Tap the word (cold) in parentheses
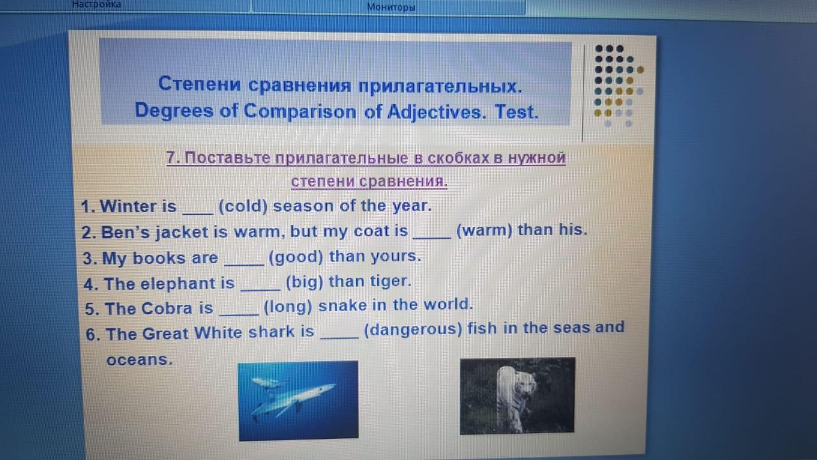point(243,206)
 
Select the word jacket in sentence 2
point(182,233)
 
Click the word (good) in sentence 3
point(296,257)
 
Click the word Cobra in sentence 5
point(167,309)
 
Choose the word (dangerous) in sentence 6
point(413,330)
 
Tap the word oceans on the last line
point(139,360)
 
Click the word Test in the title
point(516,112)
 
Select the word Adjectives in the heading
point(436,112)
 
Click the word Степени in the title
point(200,84)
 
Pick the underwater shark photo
point(298,401)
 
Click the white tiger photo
point(517,396)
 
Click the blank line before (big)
point(260,290)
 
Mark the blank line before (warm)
point(432,238)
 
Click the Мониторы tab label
point(391,7)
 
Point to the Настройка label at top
point(96,4)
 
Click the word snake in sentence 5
point(342,305)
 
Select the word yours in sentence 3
point(396,257)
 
